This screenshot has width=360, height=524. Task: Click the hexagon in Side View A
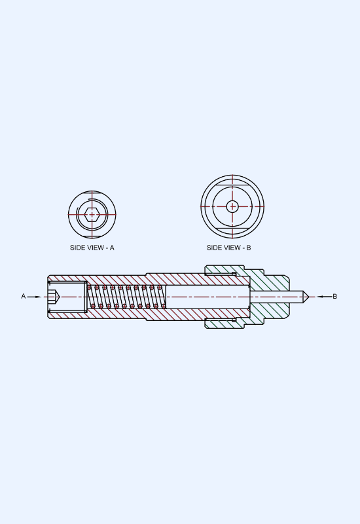92,215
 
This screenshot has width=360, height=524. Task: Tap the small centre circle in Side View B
232,206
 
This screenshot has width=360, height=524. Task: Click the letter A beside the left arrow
24,297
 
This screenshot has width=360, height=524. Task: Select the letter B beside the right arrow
335,297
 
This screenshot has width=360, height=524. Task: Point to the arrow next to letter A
35,297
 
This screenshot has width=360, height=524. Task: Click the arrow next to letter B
325,297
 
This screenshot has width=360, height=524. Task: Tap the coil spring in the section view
126,297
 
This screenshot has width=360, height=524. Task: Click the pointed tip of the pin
308,297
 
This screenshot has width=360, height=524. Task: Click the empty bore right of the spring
207,297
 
